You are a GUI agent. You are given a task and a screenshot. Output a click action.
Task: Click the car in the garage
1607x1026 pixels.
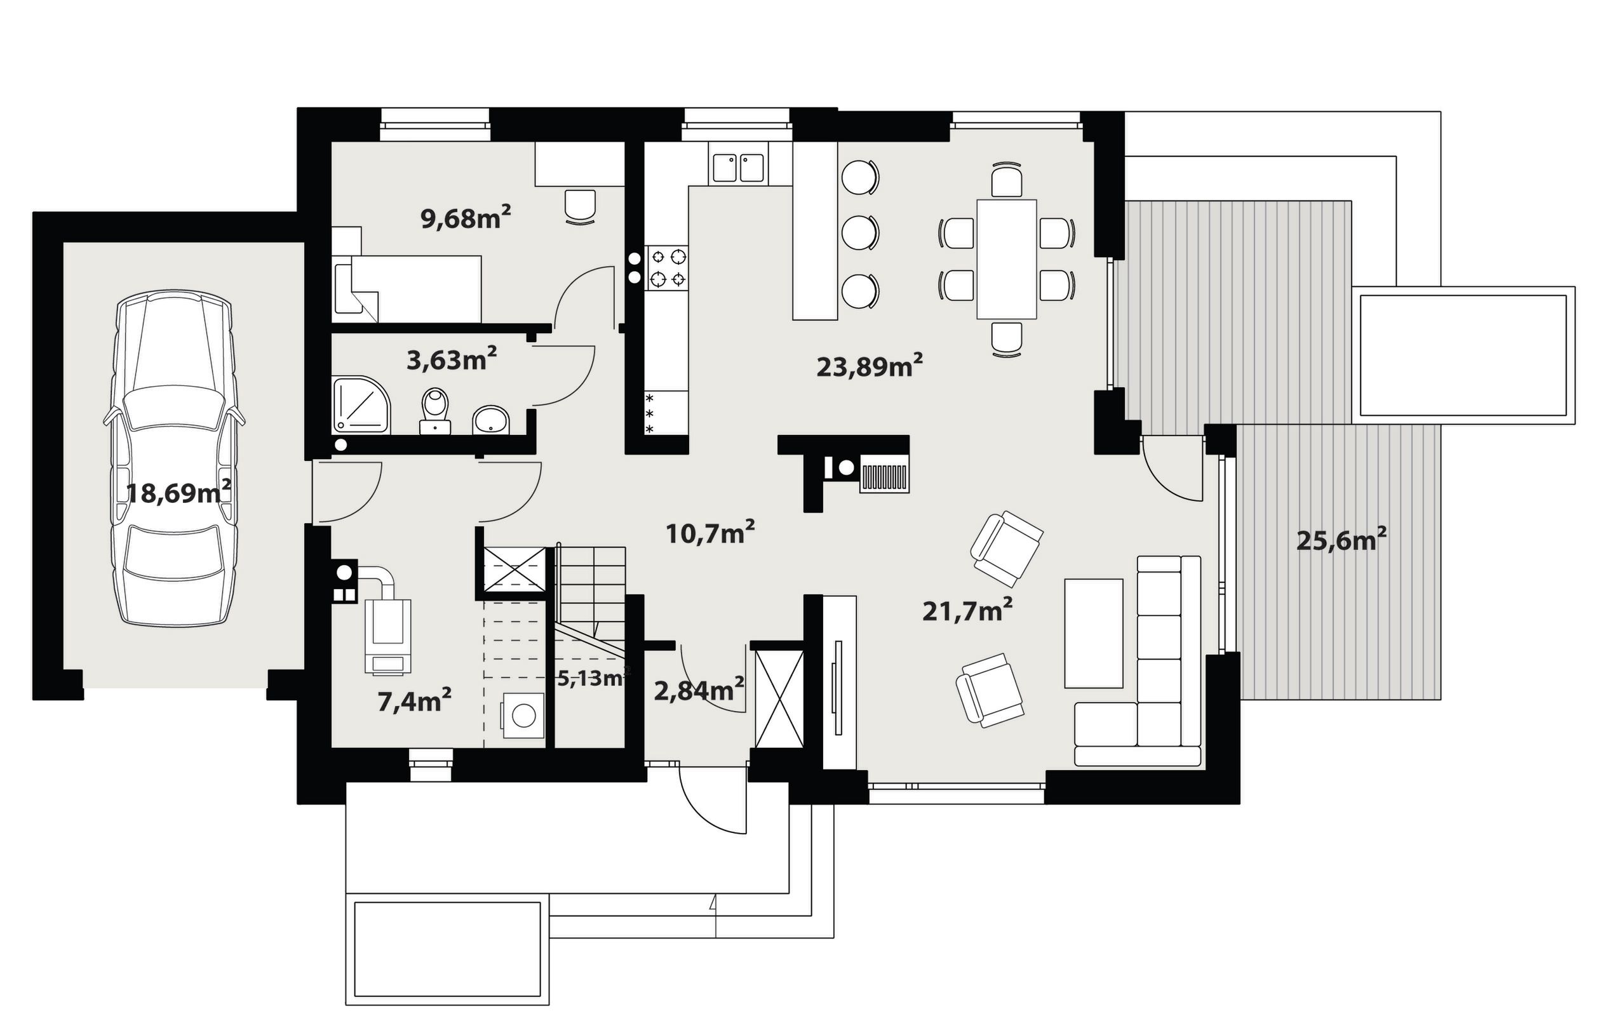click(x=175, y=459)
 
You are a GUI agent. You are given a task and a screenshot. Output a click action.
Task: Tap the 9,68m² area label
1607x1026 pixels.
click(x=466, y=218)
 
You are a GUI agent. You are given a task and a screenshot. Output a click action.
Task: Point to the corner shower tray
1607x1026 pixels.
click(x=360, y=406)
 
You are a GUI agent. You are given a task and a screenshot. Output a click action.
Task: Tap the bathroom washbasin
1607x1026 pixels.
click(x=490, y=421)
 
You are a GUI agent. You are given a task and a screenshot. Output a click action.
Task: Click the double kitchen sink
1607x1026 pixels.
click(x=738, y=168)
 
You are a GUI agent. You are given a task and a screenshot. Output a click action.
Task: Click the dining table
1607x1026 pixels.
click(x=1006, y=259)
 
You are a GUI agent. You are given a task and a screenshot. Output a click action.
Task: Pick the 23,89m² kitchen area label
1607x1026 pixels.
click(x=870, y=366)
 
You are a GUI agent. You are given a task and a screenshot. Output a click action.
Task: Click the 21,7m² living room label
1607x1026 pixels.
click(x=967, y=610)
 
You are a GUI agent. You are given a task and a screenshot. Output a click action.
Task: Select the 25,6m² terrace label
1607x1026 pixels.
click(x=1341, y=540)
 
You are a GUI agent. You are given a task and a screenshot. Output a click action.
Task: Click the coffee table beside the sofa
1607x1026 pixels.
click(x=1093, y=633)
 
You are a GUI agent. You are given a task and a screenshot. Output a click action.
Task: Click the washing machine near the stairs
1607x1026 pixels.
click(x=523, y=716)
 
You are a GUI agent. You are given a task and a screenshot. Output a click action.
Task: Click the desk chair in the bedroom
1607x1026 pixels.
click(x=580, y=207)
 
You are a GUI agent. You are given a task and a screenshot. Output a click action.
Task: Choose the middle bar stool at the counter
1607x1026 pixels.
click(x=860, y=233)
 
